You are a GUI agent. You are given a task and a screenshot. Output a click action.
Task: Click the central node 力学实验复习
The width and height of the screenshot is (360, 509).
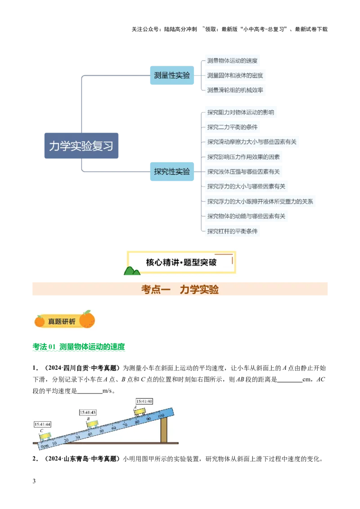click(81, 146)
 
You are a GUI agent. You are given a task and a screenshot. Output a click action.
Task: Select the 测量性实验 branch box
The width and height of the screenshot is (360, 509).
click(171, 76)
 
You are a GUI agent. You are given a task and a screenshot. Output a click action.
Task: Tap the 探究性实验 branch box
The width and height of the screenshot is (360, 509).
click(171, 171)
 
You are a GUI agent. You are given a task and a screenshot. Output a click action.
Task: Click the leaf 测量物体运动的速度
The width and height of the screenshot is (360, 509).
click(232, 61)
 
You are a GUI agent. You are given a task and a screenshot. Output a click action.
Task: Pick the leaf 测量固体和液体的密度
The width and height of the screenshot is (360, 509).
click(234, 76)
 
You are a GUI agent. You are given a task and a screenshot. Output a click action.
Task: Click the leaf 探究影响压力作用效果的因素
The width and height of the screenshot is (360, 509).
click(243, 157)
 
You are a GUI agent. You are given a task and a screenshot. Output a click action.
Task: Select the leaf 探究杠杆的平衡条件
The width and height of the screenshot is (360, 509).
click(232, 231)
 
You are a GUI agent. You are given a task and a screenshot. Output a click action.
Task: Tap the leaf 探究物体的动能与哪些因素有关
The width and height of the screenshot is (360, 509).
click(246, 216)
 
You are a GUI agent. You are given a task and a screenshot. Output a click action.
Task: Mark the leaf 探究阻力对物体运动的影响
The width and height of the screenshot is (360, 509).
click(240, 112)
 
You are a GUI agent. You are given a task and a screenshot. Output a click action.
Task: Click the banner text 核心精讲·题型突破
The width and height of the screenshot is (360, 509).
click(181, 262)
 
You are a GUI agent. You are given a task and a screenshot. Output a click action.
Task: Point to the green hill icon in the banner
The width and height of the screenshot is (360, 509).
click(131, 271)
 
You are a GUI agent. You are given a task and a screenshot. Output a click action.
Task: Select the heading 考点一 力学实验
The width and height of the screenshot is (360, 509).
click(180, 290)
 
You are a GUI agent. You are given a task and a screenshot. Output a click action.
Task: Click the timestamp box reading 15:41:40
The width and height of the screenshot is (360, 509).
click(144, 401)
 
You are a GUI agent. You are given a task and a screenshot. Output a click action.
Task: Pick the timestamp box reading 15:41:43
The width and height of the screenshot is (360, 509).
click(88, 412)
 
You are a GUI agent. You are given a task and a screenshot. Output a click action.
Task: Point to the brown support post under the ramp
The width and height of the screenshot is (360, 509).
click(164, 429)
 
